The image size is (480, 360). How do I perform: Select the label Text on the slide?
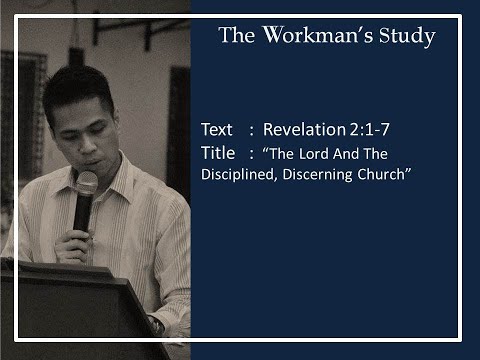click(x=216, y=130)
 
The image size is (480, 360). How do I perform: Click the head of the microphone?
click(x=86, y=185)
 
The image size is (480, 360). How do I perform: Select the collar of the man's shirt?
click(x=118, y=180)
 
